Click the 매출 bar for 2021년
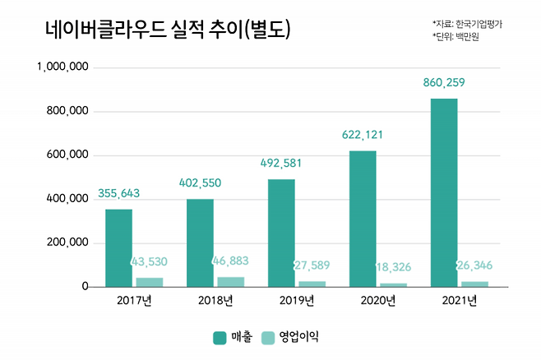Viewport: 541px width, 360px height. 444,193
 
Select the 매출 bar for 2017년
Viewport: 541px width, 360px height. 118,248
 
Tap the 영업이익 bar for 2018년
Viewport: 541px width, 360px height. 231,282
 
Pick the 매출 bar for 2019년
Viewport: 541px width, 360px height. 281,233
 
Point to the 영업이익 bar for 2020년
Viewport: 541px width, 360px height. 393,284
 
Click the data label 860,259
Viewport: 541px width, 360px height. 445,83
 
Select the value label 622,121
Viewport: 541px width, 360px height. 363,136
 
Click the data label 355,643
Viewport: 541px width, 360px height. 119,194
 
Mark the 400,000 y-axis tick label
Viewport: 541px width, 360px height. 67,199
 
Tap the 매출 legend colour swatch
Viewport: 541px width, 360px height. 220,337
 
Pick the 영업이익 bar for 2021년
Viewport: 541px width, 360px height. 474,284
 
